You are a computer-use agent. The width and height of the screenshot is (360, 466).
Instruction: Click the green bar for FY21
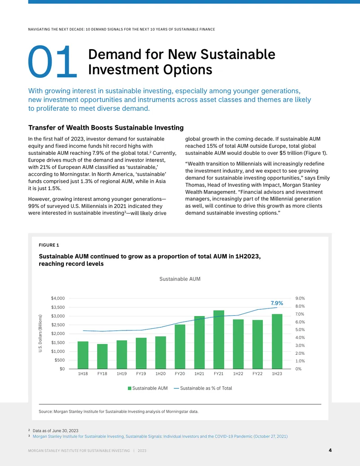click(219, 339)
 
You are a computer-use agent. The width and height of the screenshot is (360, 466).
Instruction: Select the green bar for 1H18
click(83, 355)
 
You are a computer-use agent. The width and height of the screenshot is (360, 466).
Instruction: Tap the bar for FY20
click(180, 347)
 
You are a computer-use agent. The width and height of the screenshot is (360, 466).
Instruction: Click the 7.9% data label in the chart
click(277, 303)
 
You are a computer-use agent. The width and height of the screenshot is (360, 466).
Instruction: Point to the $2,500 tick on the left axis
click(58, 325)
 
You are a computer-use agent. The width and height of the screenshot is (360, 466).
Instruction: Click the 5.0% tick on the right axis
click(300, 330)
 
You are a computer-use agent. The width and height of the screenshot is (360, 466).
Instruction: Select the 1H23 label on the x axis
click(277, 374)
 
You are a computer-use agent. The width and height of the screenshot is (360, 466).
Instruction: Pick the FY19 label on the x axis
click(141, 374)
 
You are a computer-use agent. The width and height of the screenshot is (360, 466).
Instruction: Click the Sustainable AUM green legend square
click(130, 389)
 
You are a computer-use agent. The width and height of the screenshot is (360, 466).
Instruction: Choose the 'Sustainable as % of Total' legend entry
click(203, 388)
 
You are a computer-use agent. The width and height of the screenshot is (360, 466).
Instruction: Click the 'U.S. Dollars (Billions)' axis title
click(40, 334)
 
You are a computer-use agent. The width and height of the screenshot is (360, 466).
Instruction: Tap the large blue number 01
click(52, 62)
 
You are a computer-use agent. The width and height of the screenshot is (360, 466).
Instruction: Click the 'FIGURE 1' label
click(49, 245)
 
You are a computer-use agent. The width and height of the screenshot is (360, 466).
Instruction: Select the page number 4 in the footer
click(330, 450)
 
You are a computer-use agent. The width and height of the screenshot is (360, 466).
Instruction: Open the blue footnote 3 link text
click(160, 436)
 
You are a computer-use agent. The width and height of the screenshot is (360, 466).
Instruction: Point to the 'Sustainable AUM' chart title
click(180, 279)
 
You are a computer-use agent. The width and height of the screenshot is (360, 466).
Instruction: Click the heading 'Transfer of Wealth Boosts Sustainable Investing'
click(106, 128)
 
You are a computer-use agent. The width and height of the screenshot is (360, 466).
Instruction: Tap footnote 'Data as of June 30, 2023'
click(55, 430)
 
